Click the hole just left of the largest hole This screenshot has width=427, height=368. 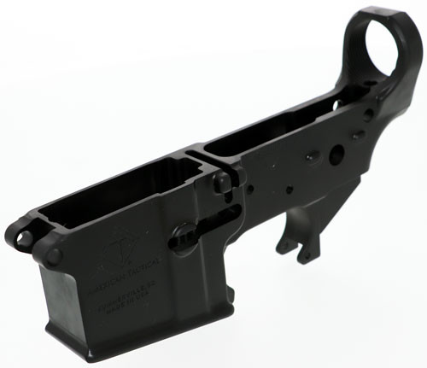tap(312, 154)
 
